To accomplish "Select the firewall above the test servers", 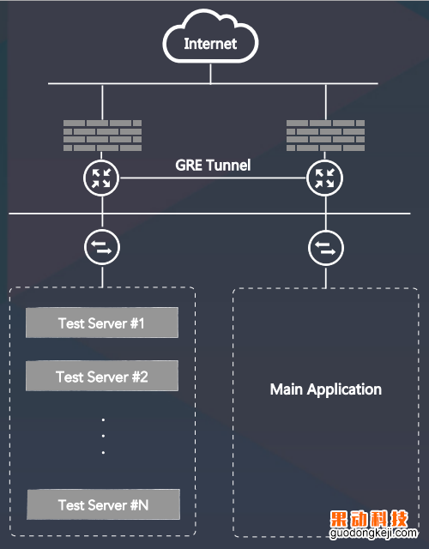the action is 102,136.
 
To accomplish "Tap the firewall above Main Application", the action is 325,136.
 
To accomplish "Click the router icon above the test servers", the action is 101,178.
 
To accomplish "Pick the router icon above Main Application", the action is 324,178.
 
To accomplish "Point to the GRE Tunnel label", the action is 213,166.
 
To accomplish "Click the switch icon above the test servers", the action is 102,247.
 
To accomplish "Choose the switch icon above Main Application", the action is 326,248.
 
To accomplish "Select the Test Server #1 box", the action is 102,323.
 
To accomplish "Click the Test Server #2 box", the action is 102,376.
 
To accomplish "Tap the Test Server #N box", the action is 103,504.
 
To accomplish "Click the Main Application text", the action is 326,389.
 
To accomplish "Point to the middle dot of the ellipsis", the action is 103,436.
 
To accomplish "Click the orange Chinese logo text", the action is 369,519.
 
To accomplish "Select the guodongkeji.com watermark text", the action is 373,533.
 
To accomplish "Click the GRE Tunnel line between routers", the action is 213,178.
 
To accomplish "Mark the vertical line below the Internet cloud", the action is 210,74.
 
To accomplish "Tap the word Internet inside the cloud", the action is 210,44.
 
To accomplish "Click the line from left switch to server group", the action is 102,276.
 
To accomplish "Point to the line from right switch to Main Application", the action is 326,277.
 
